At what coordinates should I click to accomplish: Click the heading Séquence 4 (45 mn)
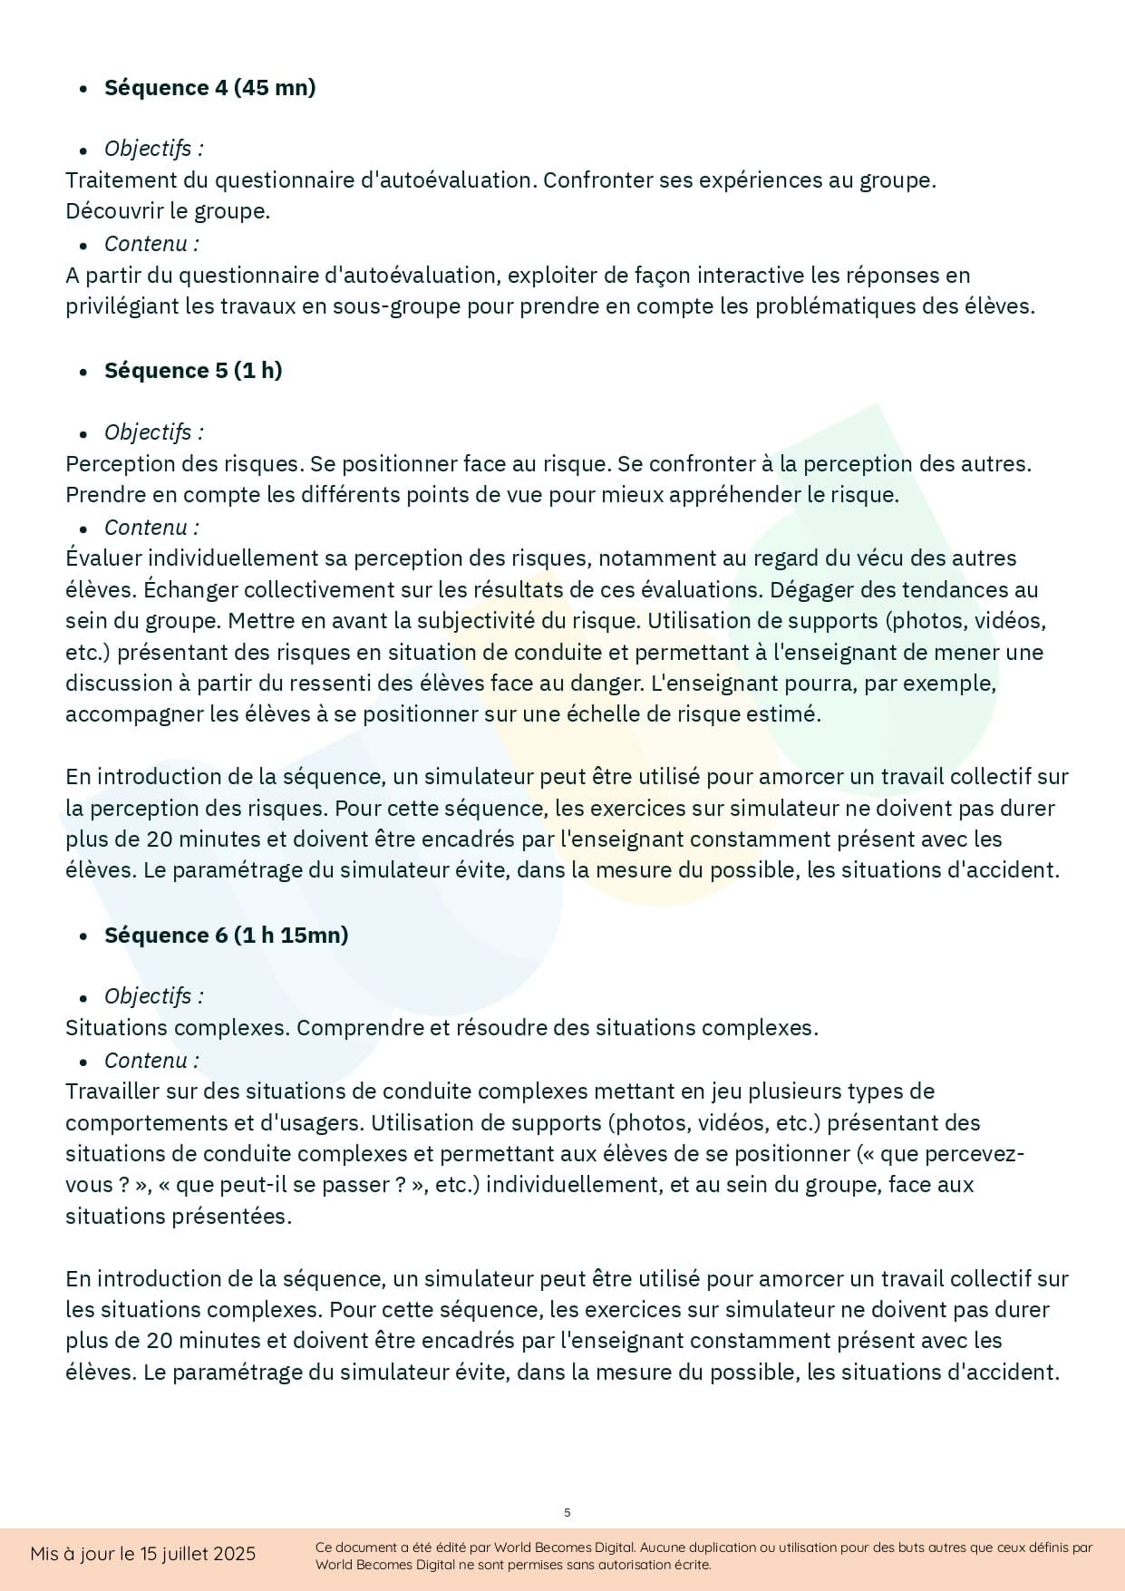[209, 88]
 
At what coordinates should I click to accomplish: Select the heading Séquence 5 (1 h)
[193, 371]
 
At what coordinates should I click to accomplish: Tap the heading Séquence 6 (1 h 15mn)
[226, 936]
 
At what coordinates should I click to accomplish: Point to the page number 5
[567, 1512]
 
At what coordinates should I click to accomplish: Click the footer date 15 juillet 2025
[197, 1554]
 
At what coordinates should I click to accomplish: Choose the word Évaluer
[103, 558]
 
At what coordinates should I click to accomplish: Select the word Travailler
[112, 1091]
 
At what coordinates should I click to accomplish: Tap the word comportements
[146, 1123]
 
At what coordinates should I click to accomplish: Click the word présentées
[232, 1217]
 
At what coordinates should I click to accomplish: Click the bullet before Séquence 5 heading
[83, 372]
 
